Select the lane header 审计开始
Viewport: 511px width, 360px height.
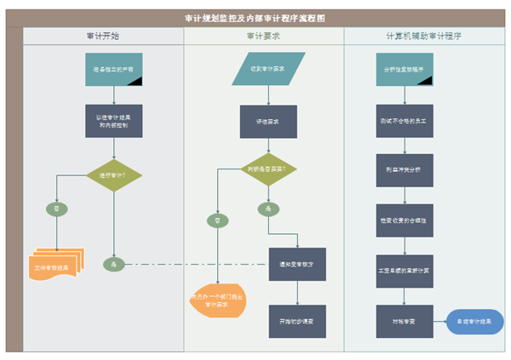pos(102,37)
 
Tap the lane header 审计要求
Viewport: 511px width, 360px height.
pos(263,37)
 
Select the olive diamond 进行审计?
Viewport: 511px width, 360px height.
pos(113,175)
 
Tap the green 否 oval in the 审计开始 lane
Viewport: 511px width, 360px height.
pos(57,207)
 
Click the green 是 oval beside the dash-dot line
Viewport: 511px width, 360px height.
pos(113,264)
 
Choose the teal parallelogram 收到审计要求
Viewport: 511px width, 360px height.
pos(268,69)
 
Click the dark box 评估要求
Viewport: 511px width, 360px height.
pos(268,122)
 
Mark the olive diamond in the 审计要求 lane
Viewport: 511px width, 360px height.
pos(268,169)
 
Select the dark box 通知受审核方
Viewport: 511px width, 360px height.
pos(296,264)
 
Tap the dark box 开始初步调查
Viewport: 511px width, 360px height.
pos(296,321)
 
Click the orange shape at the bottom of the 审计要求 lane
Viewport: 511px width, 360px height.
pos(217,300)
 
